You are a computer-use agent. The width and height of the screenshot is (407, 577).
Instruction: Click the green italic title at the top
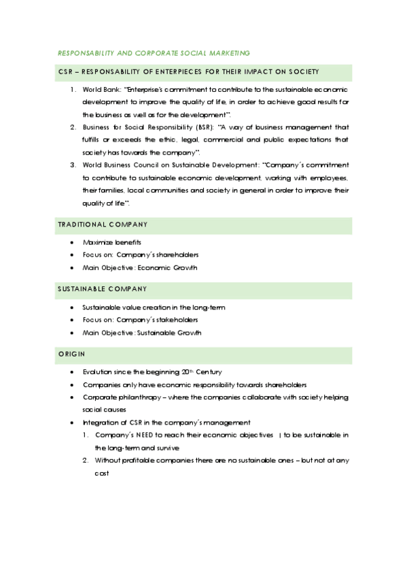coord(153,52)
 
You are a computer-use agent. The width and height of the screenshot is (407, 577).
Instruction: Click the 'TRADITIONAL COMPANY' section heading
coord(102,225)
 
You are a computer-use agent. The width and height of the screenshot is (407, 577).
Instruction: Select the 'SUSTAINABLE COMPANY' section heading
coord(102,289)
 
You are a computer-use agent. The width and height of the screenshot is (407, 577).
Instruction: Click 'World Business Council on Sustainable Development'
coord(170,165)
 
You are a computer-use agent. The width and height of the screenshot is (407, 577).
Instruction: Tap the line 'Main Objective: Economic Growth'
coord(140,267)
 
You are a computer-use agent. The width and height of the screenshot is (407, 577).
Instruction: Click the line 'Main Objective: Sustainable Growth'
coord(142,333)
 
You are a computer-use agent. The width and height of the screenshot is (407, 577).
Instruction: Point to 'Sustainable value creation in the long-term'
coord(154,308)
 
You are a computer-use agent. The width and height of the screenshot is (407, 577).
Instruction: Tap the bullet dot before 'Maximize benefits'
coord(73,242)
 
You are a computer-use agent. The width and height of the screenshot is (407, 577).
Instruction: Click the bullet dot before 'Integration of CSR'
coord(73,423)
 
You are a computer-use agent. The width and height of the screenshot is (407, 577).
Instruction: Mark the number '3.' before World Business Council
coord(73,165)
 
